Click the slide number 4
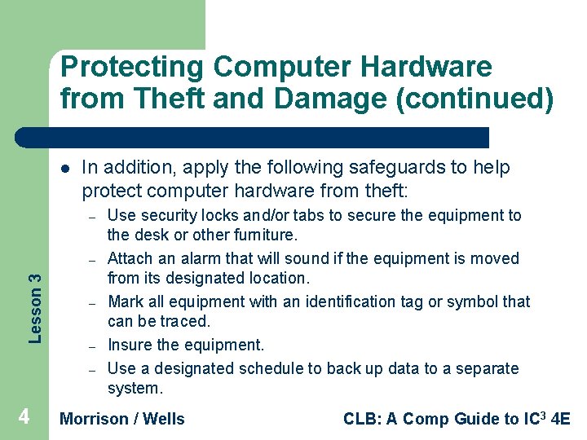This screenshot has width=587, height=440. click(24, 417)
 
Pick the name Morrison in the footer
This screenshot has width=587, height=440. click(95, 419)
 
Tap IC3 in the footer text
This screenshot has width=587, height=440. click(534, 418)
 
